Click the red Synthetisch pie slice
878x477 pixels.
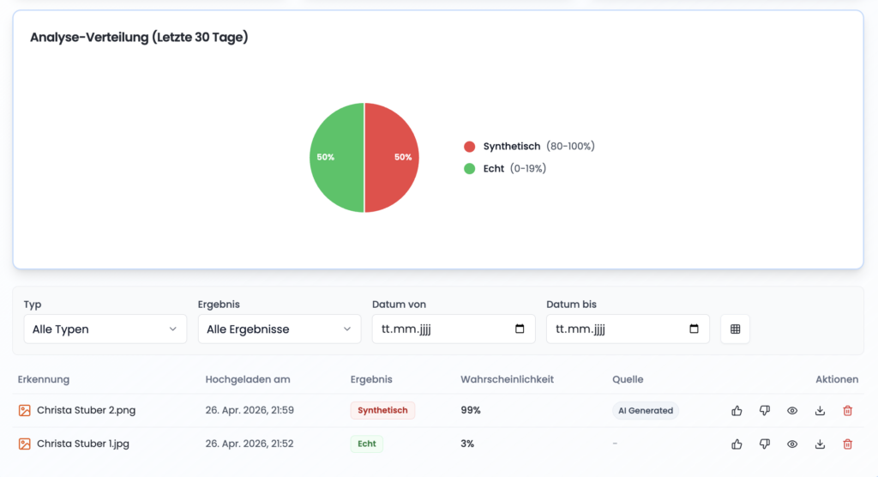[391, 158]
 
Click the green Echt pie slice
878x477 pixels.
[337, 158]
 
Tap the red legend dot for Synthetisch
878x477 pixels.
[469, 147]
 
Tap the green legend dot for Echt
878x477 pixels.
[469, 169]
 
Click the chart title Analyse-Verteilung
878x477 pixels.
[139, 38]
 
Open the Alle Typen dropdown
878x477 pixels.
[105, 329]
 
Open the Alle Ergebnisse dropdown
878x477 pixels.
[279, 329]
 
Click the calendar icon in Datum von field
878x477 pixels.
[520, 329]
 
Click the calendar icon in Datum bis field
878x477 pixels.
[694, 329]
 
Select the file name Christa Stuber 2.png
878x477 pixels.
[86, 411]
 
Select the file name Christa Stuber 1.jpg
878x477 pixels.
[83, 444]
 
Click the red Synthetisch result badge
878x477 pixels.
[382, 411]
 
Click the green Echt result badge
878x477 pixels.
[366, 444]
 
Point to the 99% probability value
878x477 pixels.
[471, 411]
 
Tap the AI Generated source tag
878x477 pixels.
[646, 411]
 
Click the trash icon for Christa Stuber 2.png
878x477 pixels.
[848, 411]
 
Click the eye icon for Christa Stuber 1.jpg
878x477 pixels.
[792, 444]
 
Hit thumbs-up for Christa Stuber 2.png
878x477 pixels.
[737, 411]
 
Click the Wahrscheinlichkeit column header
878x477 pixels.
[507, 379]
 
